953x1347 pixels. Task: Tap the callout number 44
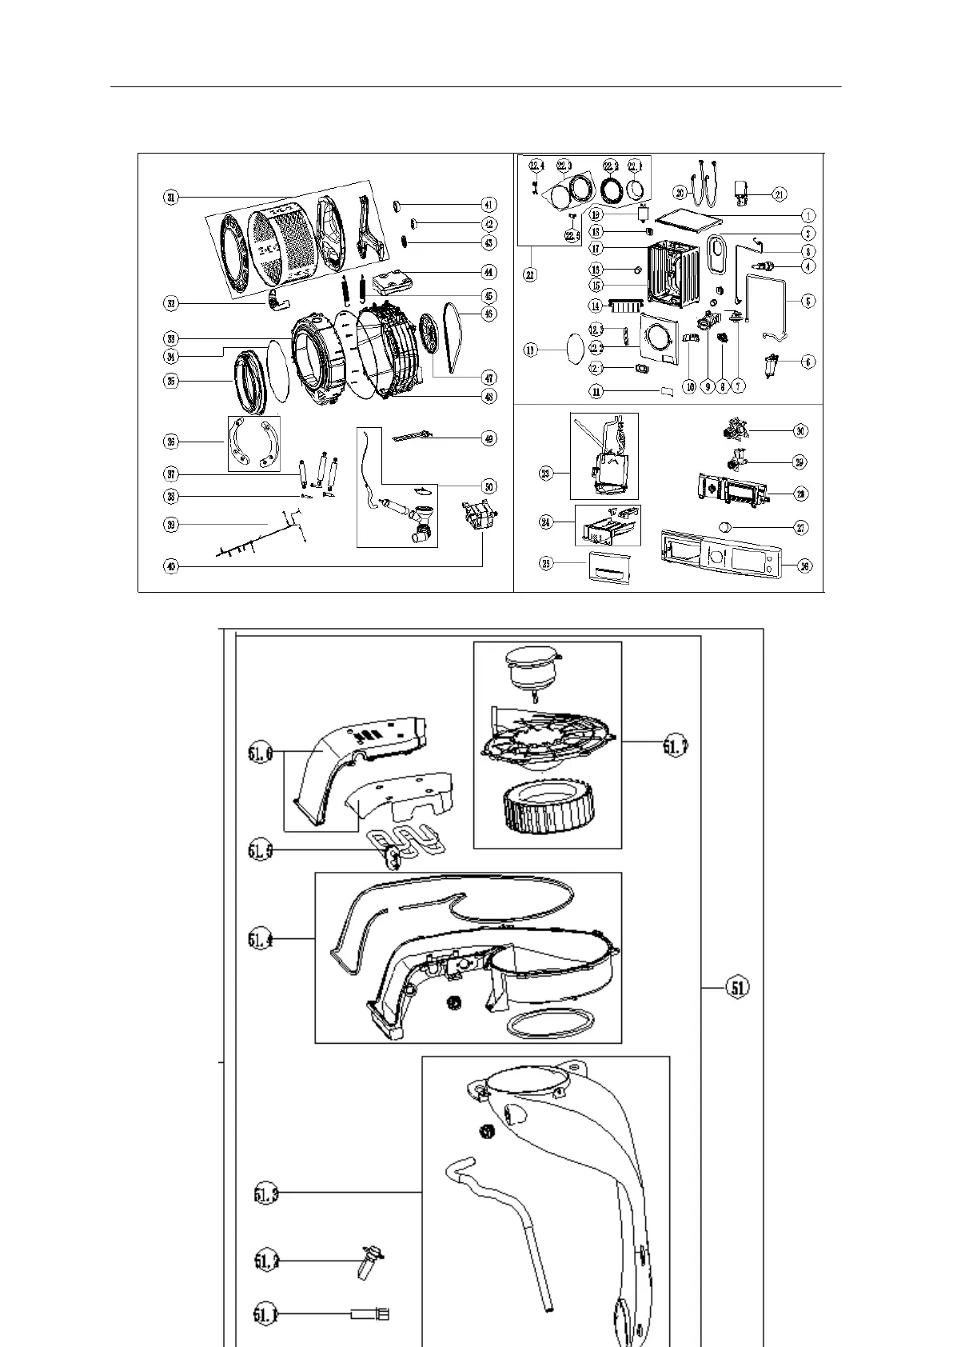click(488, 272)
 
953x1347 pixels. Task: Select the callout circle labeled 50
click(488, 486)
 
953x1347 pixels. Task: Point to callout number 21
click(780, 193)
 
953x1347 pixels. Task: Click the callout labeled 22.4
click(536, 166)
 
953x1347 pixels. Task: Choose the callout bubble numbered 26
click(805, 566)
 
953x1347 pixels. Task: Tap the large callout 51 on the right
click(738, 988)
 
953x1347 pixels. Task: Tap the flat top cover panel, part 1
click(688, 216)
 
